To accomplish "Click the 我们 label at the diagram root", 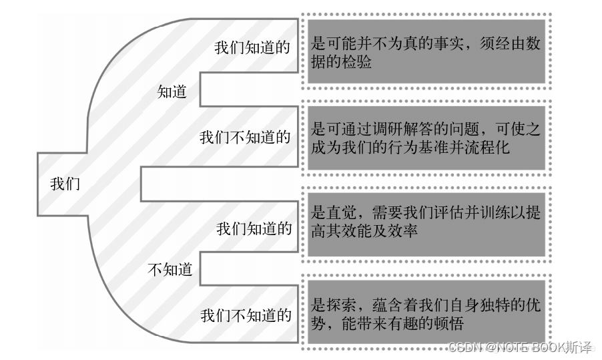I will pyautogui.click(x=65, y=184).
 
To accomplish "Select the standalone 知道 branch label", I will pyautogui.click(x=172, y=92).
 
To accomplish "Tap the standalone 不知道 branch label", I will pyautogui.click(x=170, y=270).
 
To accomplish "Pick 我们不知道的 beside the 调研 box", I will pyautogui.click(x=245, y=138).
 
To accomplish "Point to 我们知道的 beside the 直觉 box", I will pyautogui.click(x=254, y=228).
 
